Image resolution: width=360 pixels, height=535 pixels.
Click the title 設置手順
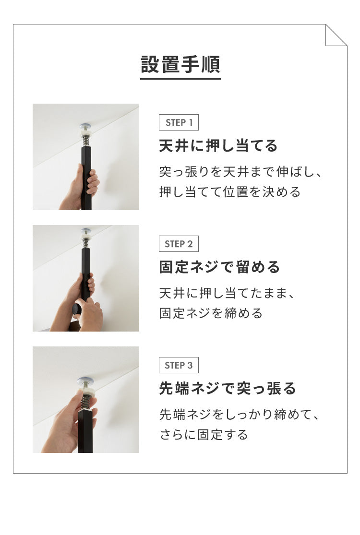[x=180, y=64]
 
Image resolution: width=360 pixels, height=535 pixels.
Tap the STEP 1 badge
[x=179, y=122]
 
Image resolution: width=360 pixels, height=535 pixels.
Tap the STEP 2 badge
[x=179, y=244]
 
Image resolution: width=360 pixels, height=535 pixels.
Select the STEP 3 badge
[x=179, y=365]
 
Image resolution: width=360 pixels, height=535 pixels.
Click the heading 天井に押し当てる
[x=218, y=146]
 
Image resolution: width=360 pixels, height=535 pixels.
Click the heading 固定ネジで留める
[x=219, y=267]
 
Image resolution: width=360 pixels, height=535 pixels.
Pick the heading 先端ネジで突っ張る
[x=228, y=389]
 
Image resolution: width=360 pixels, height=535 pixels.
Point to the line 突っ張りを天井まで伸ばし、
[x=240, y=172]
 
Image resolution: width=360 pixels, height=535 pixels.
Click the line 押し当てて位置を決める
[x=230, y=192]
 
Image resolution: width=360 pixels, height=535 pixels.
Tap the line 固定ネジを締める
[x=211, y=313]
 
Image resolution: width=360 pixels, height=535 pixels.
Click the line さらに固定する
[x=204, y=435]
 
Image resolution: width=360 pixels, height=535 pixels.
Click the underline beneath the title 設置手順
[x=180, y=78]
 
